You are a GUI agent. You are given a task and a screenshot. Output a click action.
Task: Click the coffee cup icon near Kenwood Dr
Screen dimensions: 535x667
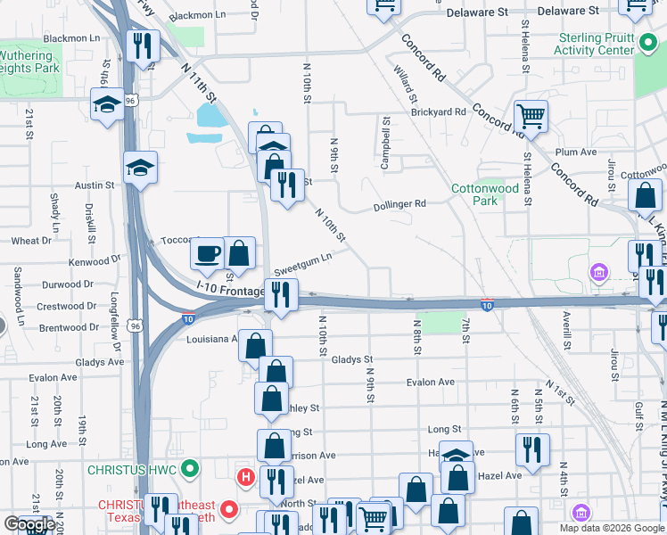coord(209,254)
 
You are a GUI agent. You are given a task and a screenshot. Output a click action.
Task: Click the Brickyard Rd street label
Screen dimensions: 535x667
coord(439,112)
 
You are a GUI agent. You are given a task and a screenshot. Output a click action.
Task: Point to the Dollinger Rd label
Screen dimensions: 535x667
coord(399,203)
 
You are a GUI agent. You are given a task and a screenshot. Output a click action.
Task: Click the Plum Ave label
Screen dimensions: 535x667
coord(575,152)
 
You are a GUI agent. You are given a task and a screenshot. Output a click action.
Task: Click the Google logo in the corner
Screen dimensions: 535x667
coord(29,524)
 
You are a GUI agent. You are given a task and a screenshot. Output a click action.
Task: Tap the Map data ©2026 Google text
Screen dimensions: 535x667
coord(612,528)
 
